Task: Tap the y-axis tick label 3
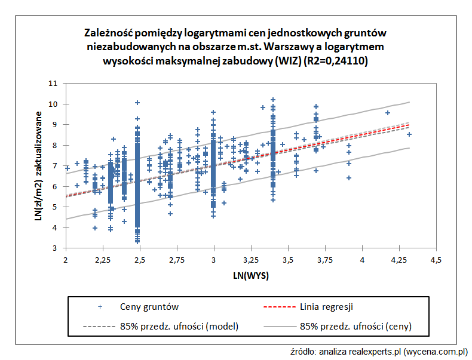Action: click(54, 248)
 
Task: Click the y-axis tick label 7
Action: click(54, 166)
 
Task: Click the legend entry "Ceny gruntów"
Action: click(149, 307)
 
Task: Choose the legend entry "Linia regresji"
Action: click(326, 307)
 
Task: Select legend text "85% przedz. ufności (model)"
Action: click(179, 326)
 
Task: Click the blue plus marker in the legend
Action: click(100, 307)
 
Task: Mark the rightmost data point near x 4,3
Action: click(409, 134)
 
